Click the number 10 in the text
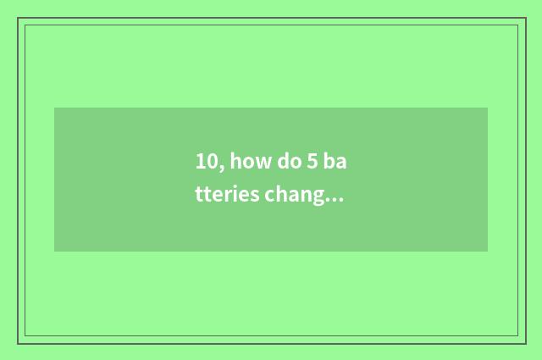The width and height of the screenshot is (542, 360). tap(205, 161)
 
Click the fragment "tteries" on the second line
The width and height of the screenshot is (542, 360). tap(222, 196)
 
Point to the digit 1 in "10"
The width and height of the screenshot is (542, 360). tap(200, 161)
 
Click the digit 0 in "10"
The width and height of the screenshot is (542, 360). tap(210, 161)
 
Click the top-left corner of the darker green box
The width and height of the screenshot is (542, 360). tap(54, 108)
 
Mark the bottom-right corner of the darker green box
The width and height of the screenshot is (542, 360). tap(488, 252)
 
